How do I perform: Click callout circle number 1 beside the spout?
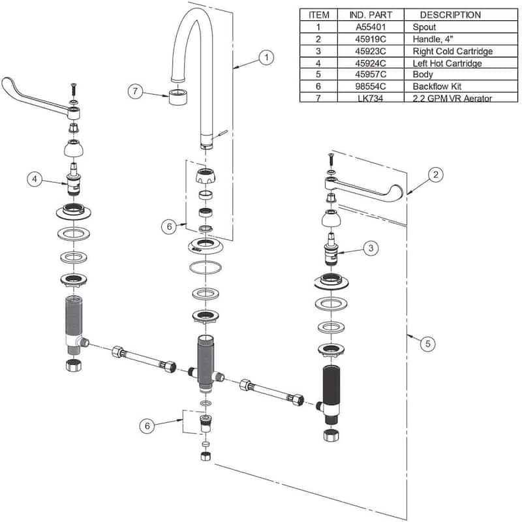click(x=266, y=57)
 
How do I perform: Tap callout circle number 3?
click(x=370, y=248)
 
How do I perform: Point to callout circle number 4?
click(x=35, y=177)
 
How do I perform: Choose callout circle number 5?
click(x=426, y=343)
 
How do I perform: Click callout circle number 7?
click(x=135, y=92)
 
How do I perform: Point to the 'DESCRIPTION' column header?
click(x=450, y=14)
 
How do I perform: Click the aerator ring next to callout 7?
click(x=177, y=98)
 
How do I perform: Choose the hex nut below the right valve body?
click(x=331, y=433)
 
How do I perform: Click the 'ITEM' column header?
click(x=319, y=14)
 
